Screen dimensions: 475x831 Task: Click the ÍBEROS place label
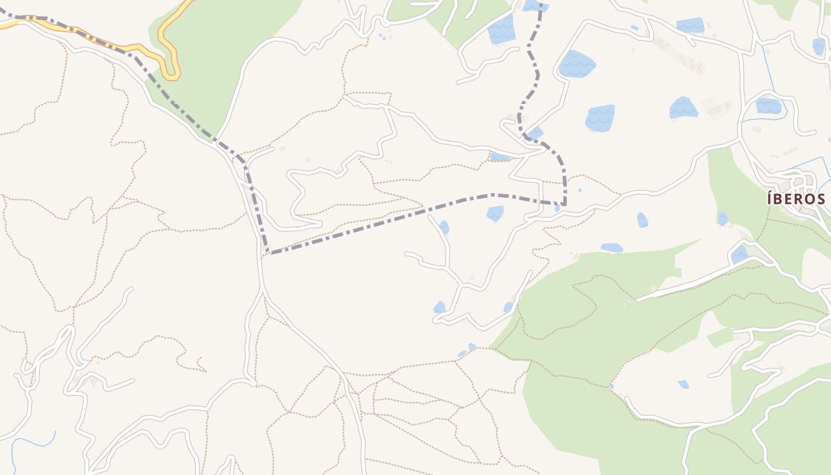(x=796, y=198)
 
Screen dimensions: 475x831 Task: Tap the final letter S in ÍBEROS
(x=820, y=198)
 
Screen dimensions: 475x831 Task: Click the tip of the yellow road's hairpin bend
(x=173, y=77)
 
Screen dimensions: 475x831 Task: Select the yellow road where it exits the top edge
(x=189, y=2)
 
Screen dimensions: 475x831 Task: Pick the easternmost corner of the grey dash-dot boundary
(x=564, y=204)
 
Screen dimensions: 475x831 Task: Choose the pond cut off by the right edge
(x=820, y=46)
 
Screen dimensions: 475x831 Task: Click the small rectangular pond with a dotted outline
(x=500, y=157)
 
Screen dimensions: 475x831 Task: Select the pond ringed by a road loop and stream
(x=769, y=106)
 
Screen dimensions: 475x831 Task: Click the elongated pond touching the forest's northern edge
(x=611, y=248)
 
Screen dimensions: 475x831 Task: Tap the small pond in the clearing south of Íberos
(x=684, y=384)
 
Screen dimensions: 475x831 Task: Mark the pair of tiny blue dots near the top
(x=382, y=37)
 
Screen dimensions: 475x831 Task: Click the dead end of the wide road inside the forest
(x=639, y=299)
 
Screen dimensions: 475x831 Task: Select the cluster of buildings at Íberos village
(x=798, y=181)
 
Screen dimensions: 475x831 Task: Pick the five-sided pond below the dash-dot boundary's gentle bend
(x=495, y=214)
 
